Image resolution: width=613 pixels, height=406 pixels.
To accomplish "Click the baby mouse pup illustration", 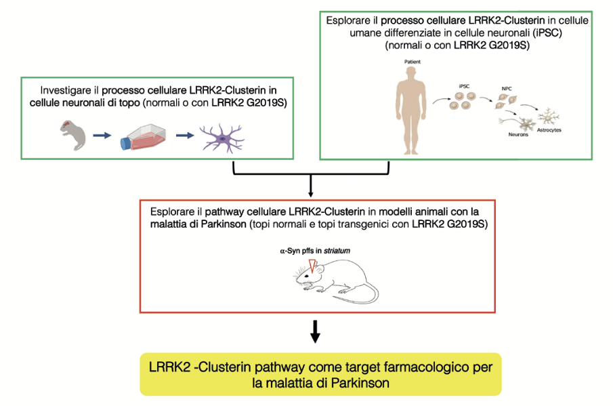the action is tap(73, 135).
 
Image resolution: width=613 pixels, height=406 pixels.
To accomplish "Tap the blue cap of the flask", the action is tap(125, 144).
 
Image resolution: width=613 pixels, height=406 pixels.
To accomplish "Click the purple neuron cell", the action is tap(222, 138).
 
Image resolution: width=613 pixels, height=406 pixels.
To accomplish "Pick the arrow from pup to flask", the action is tap(102, 136).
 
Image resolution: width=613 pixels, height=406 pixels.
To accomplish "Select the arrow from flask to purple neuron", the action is tap(185, 136).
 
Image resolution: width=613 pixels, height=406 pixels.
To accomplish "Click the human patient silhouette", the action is tap(410, 110).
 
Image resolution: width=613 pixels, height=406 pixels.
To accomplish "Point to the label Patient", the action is tap(413, 62).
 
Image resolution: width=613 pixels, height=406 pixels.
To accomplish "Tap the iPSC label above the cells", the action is tap(464, 86).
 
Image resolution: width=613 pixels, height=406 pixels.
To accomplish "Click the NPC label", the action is tap(507, 88).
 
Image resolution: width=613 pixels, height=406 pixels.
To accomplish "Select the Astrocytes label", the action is tap(549, 130).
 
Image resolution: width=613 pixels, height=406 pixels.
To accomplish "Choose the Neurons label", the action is tap(518, 135).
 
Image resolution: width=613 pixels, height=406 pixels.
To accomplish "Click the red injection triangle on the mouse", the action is tap(312, 266).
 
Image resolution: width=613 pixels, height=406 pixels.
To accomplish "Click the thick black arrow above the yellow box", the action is tap(315, 331).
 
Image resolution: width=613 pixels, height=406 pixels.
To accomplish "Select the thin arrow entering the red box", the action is tap(311, 186).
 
